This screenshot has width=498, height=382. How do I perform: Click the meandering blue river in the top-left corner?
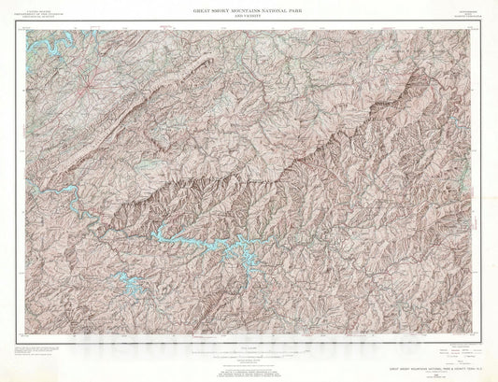point(42,42)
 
